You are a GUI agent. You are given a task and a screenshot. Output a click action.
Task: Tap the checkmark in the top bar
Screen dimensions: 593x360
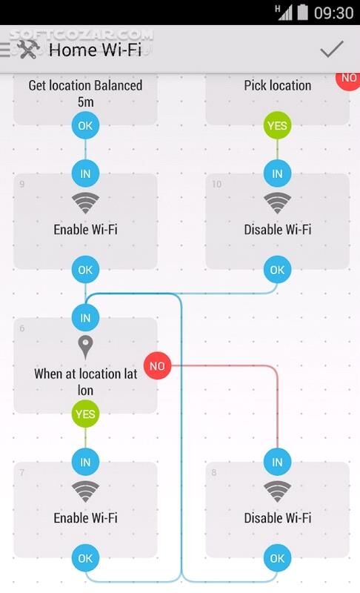pos(332,49)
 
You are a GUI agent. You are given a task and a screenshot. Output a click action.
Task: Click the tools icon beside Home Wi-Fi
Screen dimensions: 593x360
pos(27,50)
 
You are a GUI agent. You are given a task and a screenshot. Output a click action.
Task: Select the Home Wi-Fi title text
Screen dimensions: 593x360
pos(95,50)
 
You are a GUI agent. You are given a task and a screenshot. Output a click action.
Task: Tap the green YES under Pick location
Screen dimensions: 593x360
pos(277,126)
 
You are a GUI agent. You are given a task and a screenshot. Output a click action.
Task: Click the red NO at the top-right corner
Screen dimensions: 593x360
pos(348,78)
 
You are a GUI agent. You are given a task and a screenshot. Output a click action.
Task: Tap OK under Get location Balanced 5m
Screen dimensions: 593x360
pos(85,126)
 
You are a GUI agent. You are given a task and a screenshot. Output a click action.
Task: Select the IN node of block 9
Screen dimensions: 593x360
pos(85,174)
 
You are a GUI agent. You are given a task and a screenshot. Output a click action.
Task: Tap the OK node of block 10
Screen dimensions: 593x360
pos(277,270)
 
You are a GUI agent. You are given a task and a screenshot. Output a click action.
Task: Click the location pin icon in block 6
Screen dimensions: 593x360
pos(85,346)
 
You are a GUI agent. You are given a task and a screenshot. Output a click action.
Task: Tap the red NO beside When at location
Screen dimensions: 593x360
pos(156,366)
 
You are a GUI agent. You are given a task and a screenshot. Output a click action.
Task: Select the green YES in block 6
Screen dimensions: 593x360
pos(85,414)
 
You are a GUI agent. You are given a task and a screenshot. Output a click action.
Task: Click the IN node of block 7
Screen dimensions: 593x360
pos(85,463)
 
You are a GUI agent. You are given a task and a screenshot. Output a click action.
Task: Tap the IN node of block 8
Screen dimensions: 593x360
pos(277,463)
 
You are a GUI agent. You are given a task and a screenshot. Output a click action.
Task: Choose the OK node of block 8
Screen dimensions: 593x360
pos(277,558)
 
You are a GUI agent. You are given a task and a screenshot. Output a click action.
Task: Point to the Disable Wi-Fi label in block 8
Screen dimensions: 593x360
pos(277,517)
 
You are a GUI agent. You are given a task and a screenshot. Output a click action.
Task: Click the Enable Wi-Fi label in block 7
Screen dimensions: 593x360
pos(85,517)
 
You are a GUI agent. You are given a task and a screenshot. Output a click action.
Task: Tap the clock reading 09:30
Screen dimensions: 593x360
pos(333,13)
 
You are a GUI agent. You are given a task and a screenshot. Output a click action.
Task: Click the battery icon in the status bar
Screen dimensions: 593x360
pos(302,12)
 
